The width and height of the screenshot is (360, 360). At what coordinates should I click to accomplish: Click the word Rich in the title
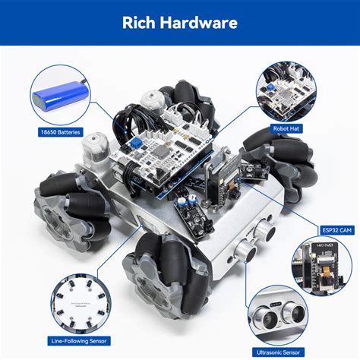141,22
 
